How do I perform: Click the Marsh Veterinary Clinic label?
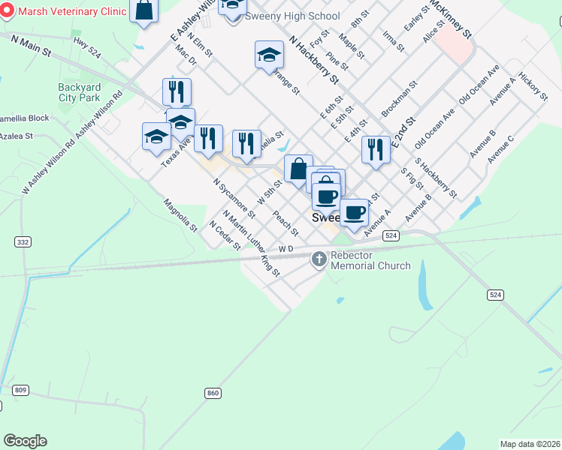pyautogui.click(x=72, y=12)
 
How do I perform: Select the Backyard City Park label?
pyautogui.click(x=79, y=92)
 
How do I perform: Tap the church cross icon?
pyautogui.click(x=319, y=259)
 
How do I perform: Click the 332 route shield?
pyautogui.click(x=23, y=241)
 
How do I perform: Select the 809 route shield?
pyautogui.click(x=20, y=389)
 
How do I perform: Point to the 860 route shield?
pyautogui.click(x=213, y=393)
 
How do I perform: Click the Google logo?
pyautogui.click(x=25, y=441)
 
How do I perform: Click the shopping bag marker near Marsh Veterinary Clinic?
pyautogui.click(x=144, y=11)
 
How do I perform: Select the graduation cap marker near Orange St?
pyautogui.click(x=269, y=55)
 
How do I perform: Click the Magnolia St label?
pyautogui.click(x=181, y=214)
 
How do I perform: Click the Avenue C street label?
pyautogui.click(x=500, y=149)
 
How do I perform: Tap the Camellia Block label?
pyautogui.click(x=25, y=118)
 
